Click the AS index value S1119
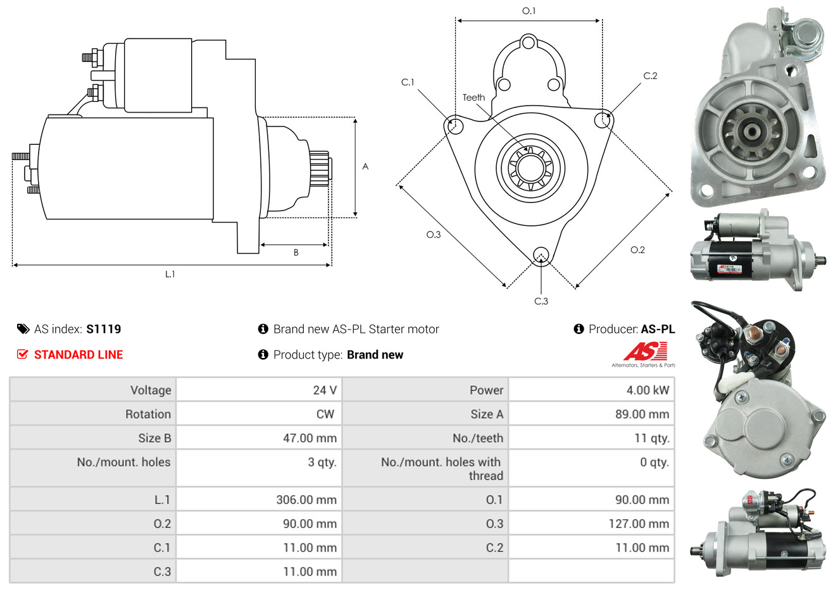pos(103,329)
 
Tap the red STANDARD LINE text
pos(78,355)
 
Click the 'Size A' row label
pos(487,414)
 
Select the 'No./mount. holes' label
pos(123,462)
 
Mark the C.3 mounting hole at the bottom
pos(541,255)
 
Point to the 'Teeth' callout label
pos(473,97)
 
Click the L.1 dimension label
pos(170,274)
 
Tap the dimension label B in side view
pos(296,252)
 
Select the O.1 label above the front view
pos(529,11)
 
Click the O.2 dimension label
pos(637,250)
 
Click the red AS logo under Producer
pos(646,352)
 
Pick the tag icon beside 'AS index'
pos(23,329)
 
